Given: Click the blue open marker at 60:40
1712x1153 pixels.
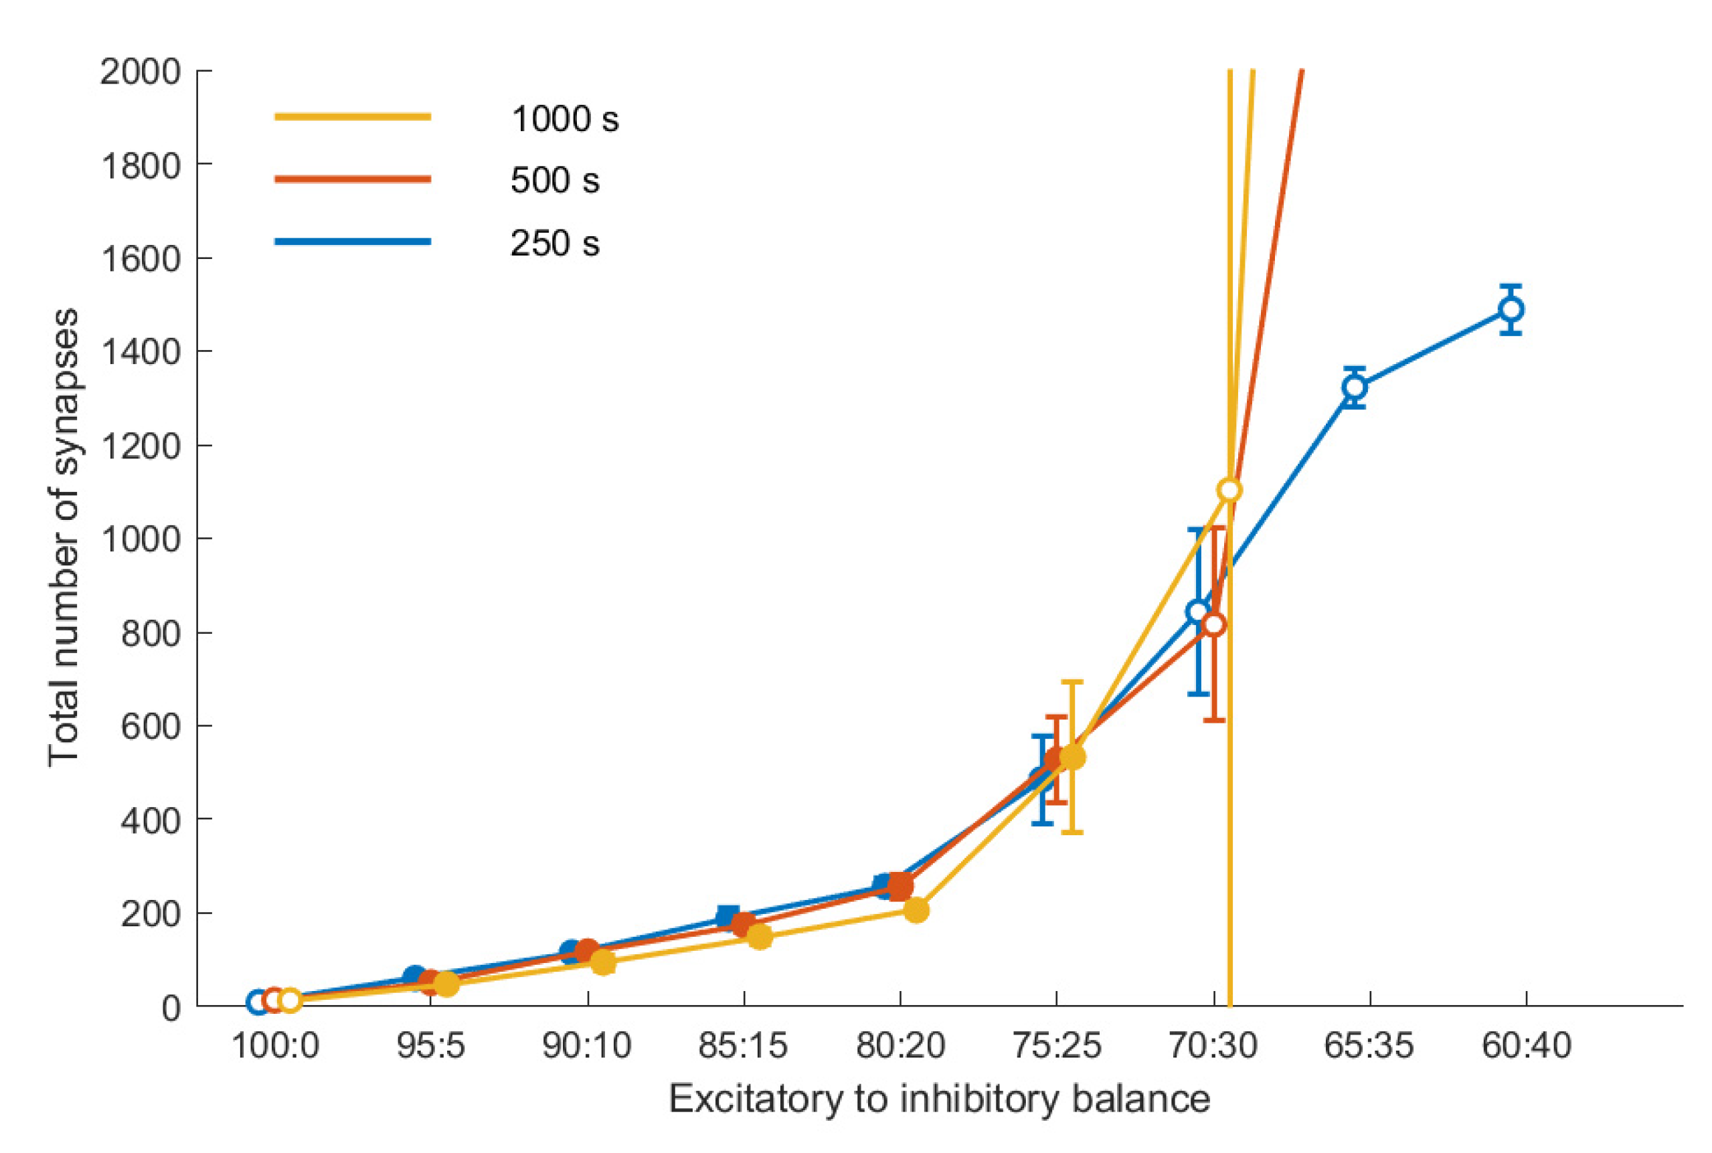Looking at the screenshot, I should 1511,310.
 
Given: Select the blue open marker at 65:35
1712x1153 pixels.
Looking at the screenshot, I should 1354,387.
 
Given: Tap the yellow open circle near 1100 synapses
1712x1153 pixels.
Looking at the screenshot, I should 1229,490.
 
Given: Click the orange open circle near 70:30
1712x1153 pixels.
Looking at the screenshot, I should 1213,624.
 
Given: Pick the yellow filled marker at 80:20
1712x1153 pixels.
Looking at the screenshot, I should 916,909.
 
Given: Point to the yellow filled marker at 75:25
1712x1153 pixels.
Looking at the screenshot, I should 1072,757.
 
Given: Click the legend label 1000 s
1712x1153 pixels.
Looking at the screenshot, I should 565,119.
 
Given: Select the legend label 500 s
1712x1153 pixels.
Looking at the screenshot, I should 554,180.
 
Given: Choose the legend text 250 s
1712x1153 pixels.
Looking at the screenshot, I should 554,244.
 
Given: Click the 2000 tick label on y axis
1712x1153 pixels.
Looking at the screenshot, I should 141,72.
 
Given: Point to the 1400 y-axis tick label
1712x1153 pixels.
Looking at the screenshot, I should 141,352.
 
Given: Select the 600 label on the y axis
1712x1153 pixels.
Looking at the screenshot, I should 150,726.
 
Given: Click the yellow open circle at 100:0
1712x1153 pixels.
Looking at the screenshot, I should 290,1000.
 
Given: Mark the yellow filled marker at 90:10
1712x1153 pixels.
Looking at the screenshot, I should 603,962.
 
